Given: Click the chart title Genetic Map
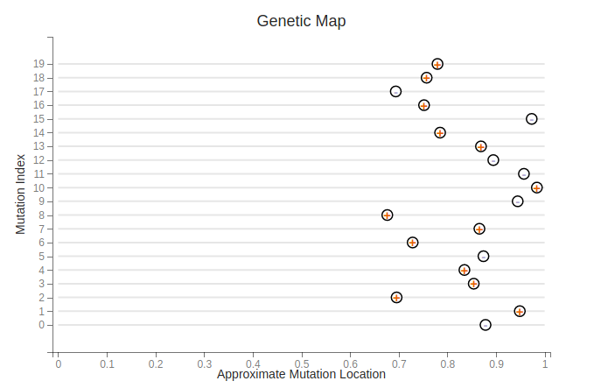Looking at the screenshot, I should pos(301,20).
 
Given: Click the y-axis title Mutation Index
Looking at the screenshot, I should pos(20,194).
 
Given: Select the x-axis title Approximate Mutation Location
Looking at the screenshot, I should pos(301,374).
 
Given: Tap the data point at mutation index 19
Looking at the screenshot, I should pos(437,64).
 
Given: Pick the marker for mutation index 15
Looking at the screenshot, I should pos(532,119).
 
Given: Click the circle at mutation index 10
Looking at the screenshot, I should pos(537,187).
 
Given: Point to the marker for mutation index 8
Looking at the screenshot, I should pos(388,215).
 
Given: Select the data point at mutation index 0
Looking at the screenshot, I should pos(486,325).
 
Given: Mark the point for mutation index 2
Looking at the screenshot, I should pos(396,298).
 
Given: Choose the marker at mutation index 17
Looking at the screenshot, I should pos(395,92).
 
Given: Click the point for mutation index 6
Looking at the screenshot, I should pos(413,243).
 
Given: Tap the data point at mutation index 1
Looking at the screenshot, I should pos(520,311).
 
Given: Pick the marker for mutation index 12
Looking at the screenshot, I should pos(493,160).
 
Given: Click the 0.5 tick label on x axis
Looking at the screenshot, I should pos(302,363).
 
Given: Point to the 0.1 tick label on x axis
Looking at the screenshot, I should pos(107,363).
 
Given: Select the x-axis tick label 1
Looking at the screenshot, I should pos(546,363).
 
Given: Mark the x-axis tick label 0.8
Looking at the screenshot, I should pos(448,363).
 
